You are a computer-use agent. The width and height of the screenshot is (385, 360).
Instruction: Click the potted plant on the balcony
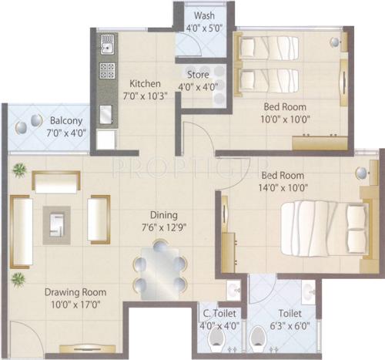point(35,120)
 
